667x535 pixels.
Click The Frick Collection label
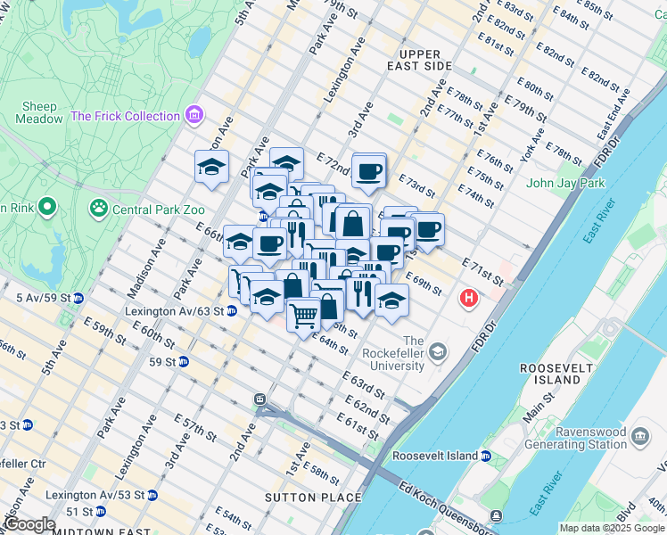pyautogui.click(x=125, y=116)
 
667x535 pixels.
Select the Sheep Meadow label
pyautogui.click(x=38, y=112)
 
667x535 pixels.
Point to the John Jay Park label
pyautogui.click(x=565, y=183)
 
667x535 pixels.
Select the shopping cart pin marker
pyautogui.click(x=303, y=315)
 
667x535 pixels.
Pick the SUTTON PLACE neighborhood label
pyautogui.click(x=313, y=498)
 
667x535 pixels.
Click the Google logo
pyautogui.click(x=29, y=524)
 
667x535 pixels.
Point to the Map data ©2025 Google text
pyautogui.click(x=612, y=528)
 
